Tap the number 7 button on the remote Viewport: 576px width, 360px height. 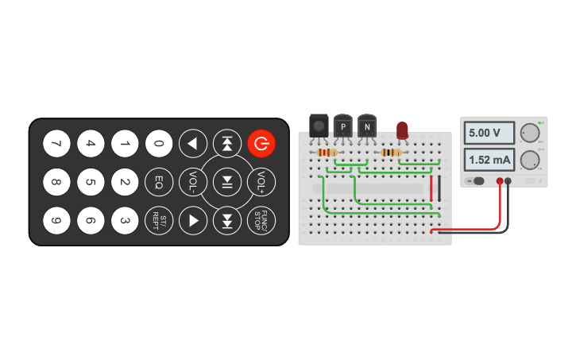(x=56, y=144)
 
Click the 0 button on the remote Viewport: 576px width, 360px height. (x=159, y=144)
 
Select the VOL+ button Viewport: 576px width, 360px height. (x=261, y=182)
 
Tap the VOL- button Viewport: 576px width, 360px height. (x=193, y=182)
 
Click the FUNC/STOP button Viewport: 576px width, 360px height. (x=261, y=219)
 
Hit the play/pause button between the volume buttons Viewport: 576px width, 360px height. (x=227, y=182)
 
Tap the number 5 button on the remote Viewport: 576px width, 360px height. (x=91, y=182)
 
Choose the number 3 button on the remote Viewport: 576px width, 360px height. (x=125, y=219)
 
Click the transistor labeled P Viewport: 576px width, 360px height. (x=343, y=125)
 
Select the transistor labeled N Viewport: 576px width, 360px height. (x=366, y=125)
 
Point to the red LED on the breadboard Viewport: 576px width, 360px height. (x=402, y=129)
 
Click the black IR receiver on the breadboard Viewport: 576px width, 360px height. (x=319, y=125)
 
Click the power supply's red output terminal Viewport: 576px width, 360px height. (x=500, y=181)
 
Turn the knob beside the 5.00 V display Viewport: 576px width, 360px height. (x=529, y=133)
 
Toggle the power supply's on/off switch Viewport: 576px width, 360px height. (x=477, y=181)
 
